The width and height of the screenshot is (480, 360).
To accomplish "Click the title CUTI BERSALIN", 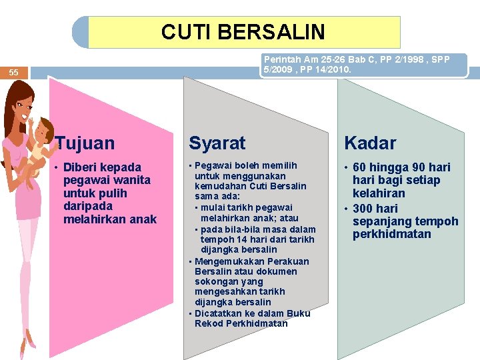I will (x=243, y=32).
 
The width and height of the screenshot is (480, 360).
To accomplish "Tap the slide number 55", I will (x=14, y=72).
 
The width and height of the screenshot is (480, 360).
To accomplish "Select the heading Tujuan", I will (x=85, y=143).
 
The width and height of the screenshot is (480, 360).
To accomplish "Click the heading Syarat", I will (x=217, y=143).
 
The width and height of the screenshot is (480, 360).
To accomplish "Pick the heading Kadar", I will (x=370, y=143).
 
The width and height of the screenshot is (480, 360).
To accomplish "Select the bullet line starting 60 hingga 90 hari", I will (x=401, y=167).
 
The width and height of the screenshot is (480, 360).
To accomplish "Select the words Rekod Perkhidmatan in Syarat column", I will (x=241, y=323).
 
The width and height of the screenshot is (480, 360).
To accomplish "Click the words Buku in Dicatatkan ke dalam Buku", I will (x=297, y=313).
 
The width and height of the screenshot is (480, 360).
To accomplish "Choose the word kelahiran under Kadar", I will (x=379, y=193).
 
